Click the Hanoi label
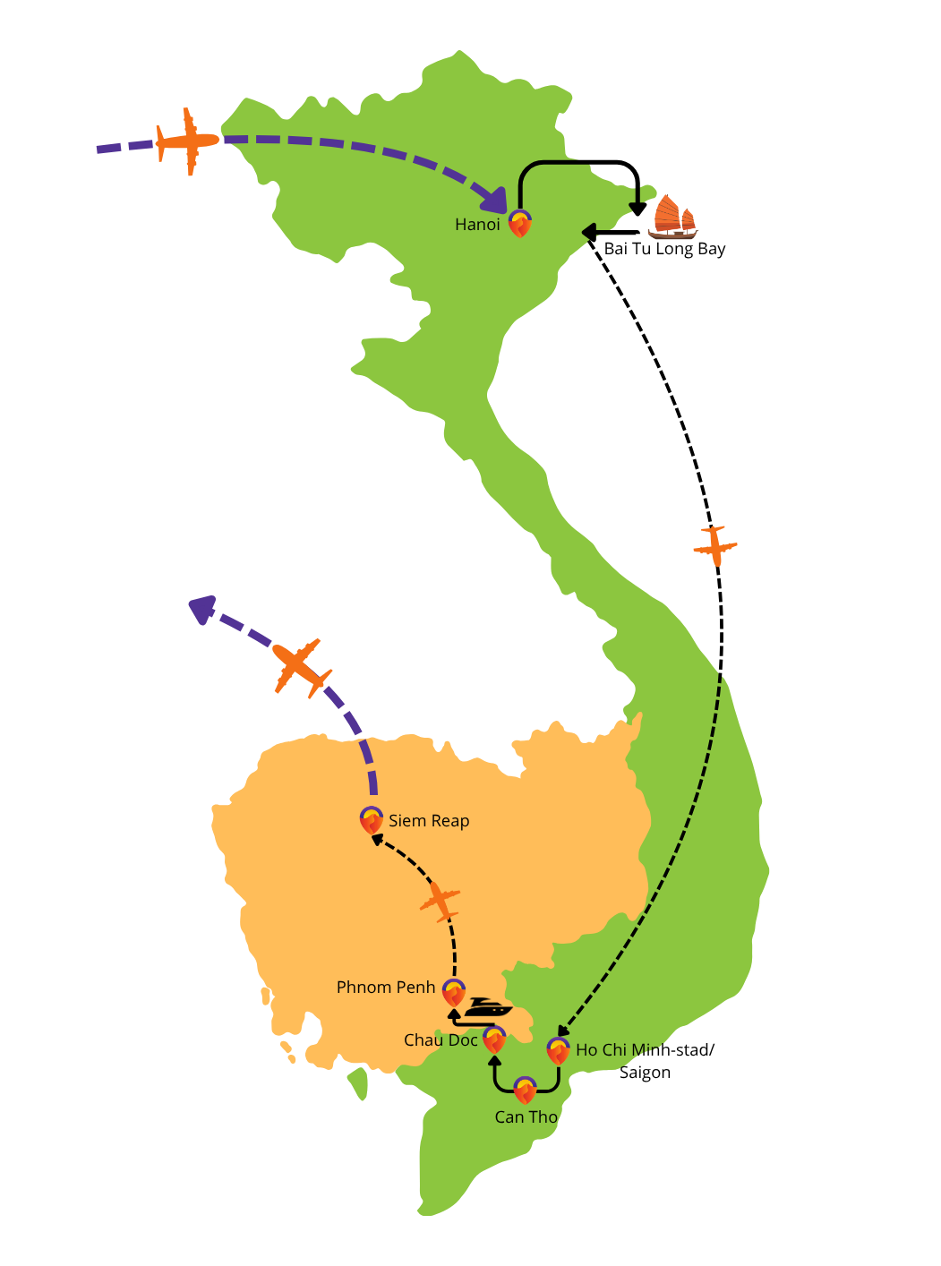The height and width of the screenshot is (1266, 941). point(477,225)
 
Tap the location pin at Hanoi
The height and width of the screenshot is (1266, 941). point(519,223)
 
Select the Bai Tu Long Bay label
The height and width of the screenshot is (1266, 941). point(664,250)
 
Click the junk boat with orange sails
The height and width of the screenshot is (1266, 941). point(672,217)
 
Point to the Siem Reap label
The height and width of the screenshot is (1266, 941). point(428,821)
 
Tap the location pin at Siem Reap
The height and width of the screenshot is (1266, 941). point(372,820)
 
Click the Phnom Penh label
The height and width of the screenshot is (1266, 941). point(385,988)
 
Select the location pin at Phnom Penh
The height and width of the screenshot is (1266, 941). point(453,993)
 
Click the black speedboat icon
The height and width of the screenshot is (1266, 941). point(487,1008)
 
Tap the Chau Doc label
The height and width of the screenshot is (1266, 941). point(440,1040)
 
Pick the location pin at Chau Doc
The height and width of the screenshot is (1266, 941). point(494,1039)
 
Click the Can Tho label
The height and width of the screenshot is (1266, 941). point(526,1117)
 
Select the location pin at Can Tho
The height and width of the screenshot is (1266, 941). point(524,1090)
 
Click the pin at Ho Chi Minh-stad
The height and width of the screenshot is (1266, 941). point(557,1051)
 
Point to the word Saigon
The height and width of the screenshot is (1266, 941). point(645,1074)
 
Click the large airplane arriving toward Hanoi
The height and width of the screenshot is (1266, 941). point(187,141)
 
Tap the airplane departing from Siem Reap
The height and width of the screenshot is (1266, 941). point(302,667)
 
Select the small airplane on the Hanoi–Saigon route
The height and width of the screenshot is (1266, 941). point(714,546)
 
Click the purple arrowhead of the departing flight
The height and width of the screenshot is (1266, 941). point(202,609)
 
